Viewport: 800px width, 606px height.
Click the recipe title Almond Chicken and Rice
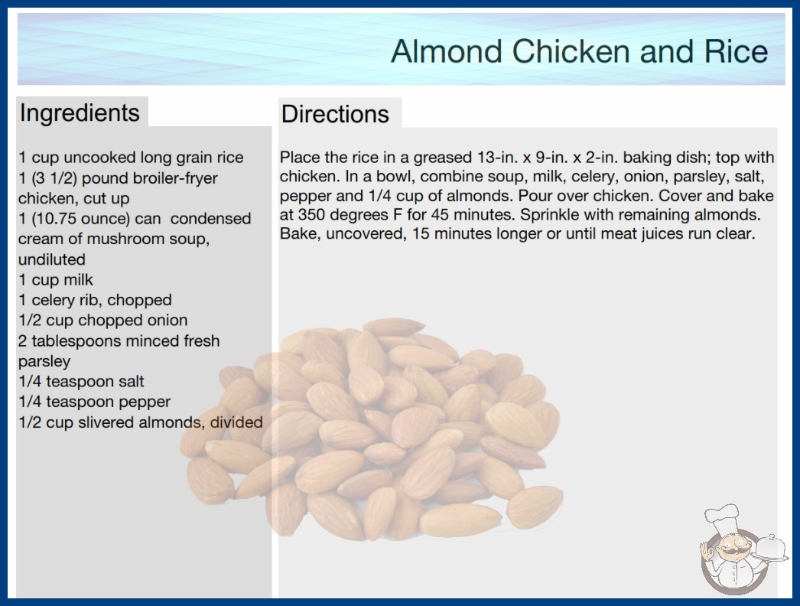[x=579, y=51]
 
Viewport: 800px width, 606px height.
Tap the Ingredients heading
[x=80, y=112]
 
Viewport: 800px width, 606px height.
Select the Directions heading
[x=335, y=114]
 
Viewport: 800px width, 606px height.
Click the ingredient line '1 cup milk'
[x=56, y=280]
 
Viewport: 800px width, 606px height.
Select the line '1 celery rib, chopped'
[x=95, y=300]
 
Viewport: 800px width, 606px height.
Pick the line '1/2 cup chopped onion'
[x=103, y=320]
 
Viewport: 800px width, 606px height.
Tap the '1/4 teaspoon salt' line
[x=81, y=381]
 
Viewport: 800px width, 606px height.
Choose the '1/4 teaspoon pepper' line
[x=94, y=402]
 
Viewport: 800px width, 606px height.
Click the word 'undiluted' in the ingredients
[x=51, y=259]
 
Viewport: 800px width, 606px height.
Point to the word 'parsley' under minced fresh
[x=44, y=361]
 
